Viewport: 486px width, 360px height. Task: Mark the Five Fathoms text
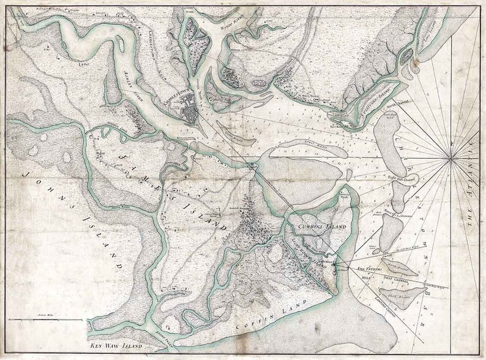click(x=370, y=268)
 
